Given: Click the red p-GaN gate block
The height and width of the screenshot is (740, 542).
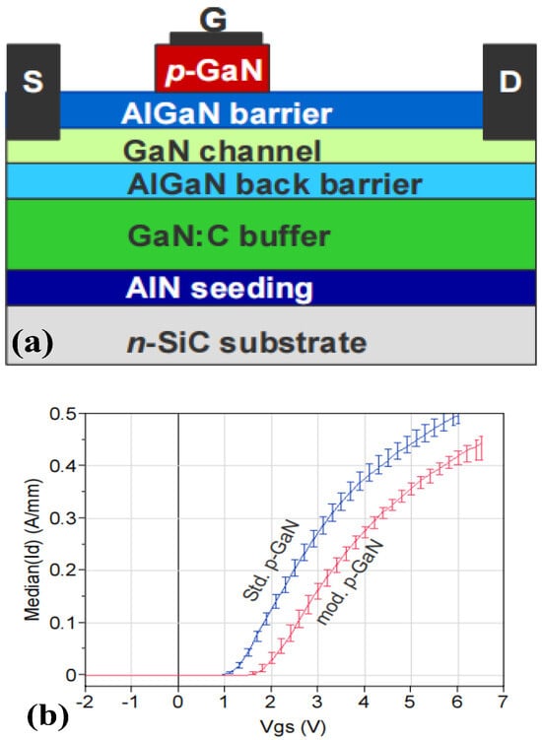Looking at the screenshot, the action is (213, 68).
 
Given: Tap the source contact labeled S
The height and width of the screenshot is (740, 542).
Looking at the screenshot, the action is (34, 92).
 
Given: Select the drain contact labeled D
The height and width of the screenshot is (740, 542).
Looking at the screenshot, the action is (509, 92).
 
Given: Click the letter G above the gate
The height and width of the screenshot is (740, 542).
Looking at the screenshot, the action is (214, 20).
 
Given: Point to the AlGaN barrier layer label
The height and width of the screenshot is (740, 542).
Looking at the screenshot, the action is (227, 113).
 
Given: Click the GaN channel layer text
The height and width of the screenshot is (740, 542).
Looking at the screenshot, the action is (222, 151).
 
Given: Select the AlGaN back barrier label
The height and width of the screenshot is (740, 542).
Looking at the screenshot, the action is (274, 184).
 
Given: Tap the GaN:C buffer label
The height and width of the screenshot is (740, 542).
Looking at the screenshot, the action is (229, 235).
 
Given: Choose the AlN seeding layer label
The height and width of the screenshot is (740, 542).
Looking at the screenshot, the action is (220, 288).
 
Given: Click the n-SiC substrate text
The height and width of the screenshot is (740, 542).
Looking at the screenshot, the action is (246, 343).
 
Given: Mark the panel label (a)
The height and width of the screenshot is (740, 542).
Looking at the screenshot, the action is (33, 344).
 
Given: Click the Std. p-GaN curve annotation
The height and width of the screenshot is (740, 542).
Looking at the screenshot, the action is (271, 561).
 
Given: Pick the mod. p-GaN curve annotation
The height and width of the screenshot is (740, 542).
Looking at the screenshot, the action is (350, 581).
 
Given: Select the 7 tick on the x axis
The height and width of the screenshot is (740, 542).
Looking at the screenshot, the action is (504, 702).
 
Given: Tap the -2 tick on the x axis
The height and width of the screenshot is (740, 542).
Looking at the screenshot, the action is (85, 702).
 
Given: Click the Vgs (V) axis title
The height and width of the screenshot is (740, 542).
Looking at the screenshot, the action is (294, 726).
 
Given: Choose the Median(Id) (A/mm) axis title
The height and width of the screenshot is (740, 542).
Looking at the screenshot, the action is (33, 550).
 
